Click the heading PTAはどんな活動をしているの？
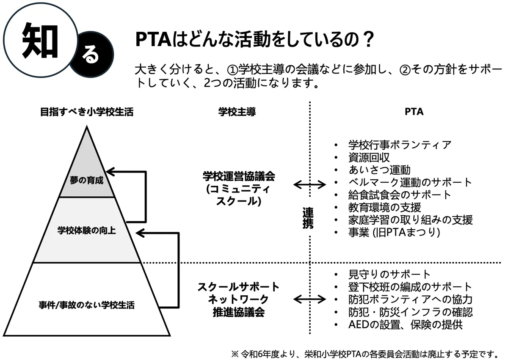(x=254, y=41)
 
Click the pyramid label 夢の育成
(x=87, y=181)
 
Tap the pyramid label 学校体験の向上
(x=87, y=231)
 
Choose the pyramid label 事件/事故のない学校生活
(x=86, y=304)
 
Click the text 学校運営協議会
(x=239, y=175)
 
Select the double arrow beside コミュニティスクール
(x=309, y=184)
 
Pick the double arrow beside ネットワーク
(x=309, y=299)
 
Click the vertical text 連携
(x=309, y=217)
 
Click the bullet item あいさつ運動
(x=379, y=170)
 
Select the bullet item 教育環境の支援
(x=384, y=207)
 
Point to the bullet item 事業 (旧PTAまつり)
(x=394, y=232)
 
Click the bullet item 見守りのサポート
(x=389, y=275)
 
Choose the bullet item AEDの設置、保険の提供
(x=406, y=324)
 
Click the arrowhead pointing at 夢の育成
(x=109, y=172)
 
